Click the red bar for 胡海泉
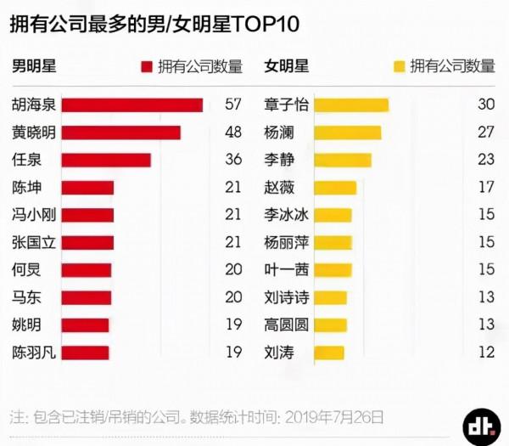(x=132, y=105)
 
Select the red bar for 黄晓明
(x=121, y=133)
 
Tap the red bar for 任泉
(x=106, y=160)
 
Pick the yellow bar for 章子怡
(x=351, y=105)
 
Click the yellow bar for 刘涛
(x=329, y=352)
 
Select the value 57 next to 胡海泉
(x=233, y=105)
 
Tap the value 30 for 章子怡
(x=486, y=105)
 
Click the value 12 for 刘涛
(x=486, y=352)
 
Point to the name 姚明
(x=25, y=325)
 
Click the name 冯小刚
(x=31, y=215)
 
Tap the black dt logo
(x=481, y=425)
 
